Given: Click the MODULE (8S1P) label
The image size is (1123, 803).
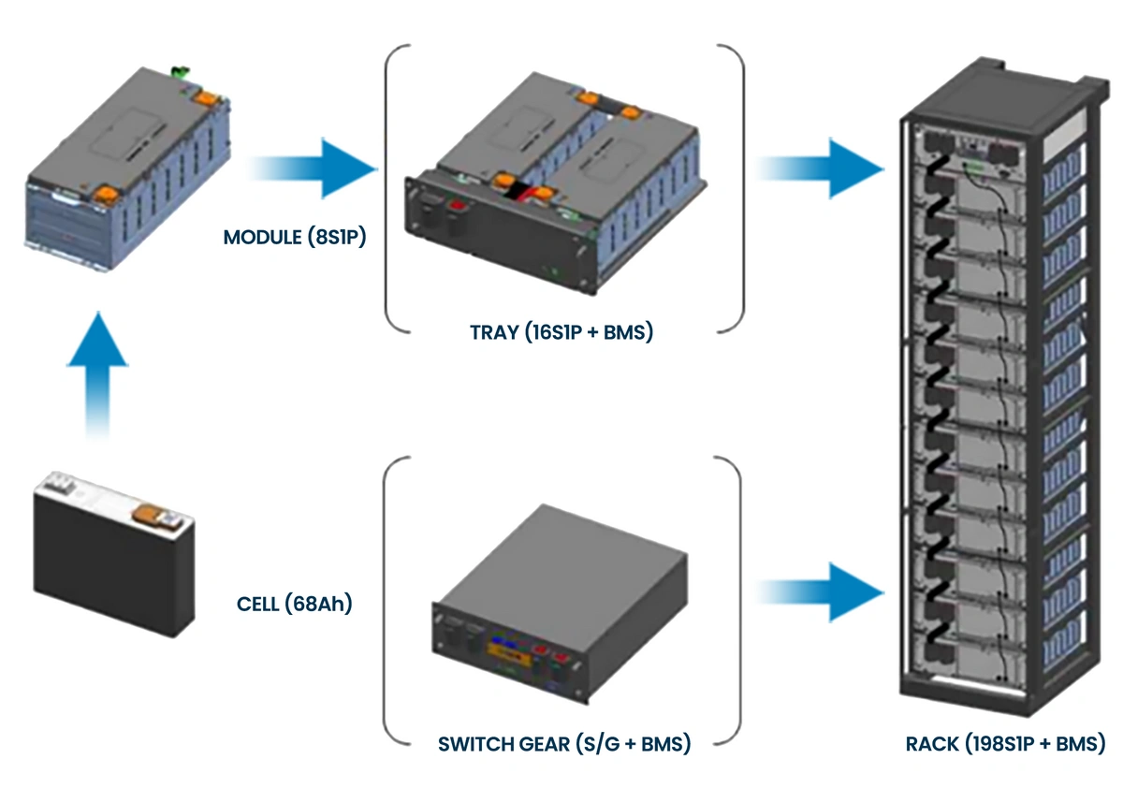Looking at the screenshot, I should [x=294, y=237].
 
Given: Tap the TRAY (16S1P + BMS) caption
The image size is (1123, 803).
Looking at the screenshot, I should [x=561, y=331].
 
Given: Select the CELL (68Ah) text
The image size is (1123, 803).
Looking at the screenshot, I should [x=293, y=604].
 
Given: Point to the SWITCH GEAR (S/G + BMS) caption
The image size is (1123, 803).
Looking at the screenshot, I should [x=564, y=745].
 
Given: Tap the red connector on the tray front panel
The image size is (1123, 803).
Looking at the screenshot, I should [x=458, y=206].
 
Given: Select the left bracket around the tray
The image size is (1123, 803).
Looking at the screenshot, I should [x=393, y=187].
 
